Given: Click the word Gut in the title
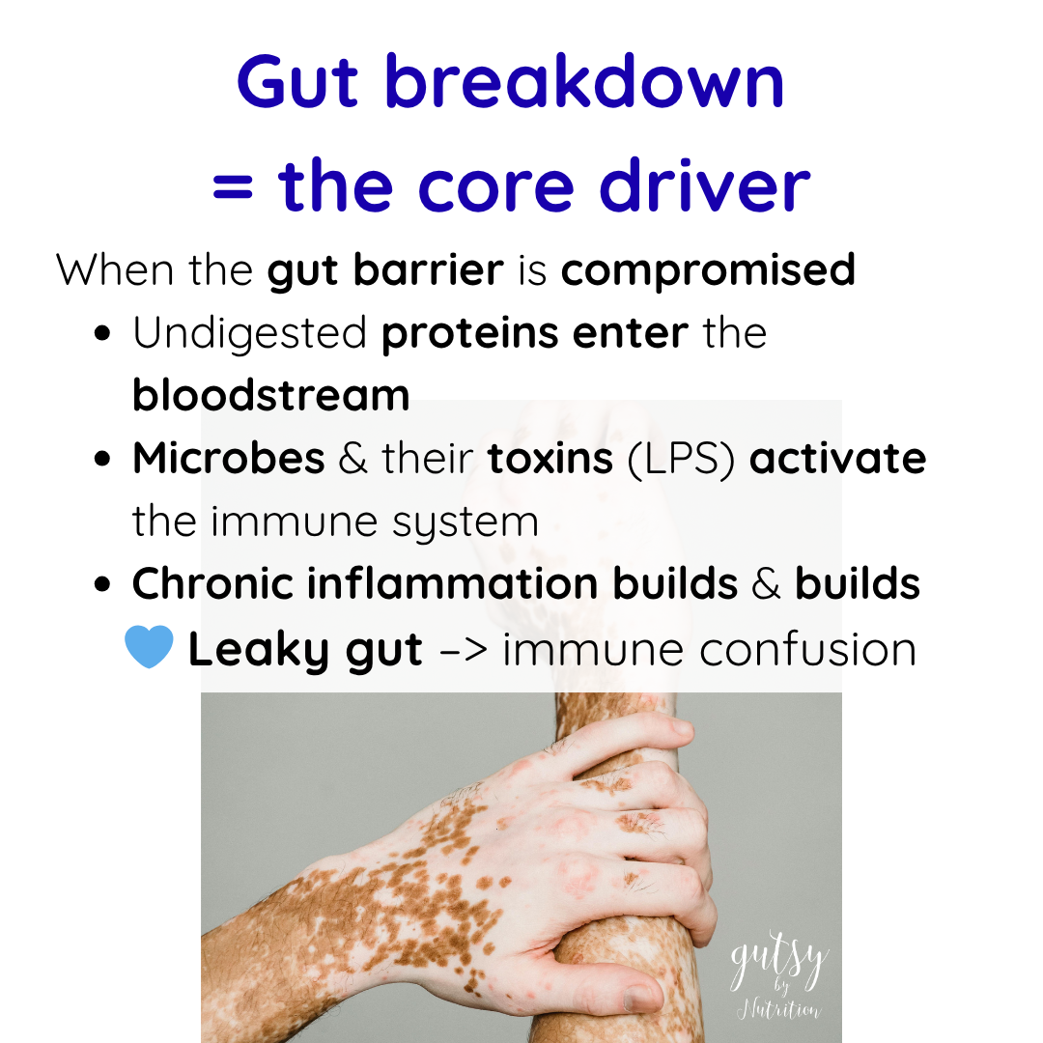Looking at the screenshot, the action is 297,82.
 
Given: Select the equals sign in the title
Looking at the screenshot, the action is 233,187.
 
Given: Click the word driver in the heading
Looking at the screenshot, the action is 704,184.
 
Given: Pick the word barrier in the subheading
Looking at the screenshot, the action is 429,269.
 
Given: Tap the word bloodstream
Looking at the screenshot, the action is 270,394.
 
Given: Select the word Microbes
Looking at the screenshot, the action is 228,458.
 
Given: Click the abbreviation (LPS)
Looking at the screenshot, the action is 681,459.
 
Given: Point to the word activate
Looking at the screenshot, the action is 837,459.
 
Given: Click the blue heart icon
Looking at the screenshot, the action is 149,646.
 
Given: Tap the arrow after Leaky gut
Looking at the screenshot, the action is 464,650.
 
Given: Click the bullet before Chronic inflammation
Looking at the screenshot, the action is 102,584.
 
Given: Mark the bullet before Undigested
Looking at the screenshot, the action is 102,333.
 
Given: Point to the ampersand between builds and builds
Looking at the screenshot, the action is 766,584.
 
